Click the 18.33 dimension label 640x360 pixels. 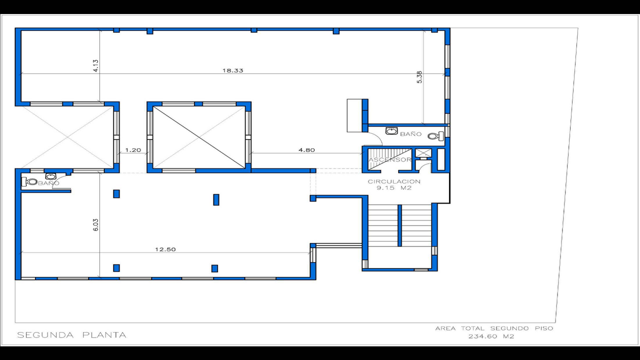(x=232, y=70)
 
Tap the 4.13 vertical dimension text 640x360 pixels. (x=95, y=65)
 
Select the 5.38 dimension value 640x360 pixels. (x=419, y=76)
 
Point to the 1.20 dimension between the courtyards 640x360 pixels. (x=133, y=149)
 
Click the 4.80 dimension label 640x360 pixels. (x=306, y=149)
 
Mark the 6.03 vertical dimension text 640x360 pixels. (x=95, y=224)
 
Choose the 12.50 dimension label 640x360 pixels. (x=165, y=249)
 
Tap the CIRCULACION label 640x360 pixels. (x=394, y=181)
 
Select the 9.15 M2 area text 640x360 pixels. (x=394, y=188)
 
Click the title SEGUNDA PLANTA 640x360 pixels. (x=71, y=335)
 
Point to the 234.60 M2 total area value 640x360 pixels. (x=491, y=336)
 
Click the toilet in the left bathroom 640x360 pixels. (x=31, y=182)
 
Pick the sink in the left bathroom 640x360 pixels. (x=50, y=176)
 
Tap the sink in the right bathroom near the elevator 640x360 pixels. (x=391, y=131)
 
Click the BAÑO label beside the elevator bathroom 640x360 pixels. (x=410, y=134)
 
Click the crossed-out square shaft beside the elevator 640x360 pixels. (x=422, y=153)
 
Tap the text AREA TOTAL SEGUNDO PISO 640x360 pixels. (x=494, y=328)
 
